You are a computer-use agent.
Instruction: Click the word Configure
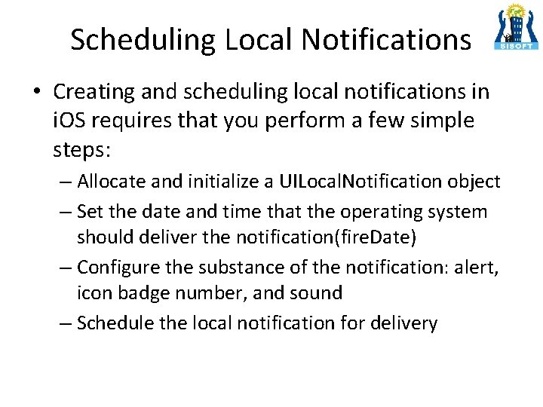coord(114,267)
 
